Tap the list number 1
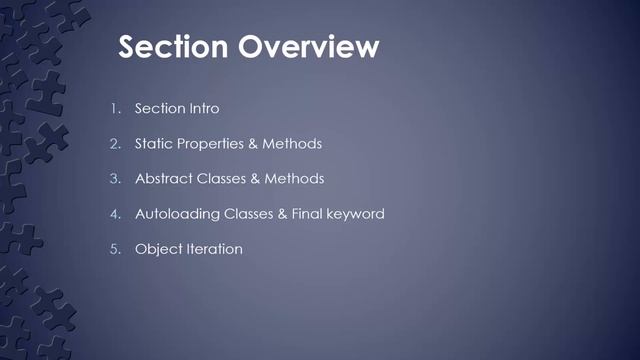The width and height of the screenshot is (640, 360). [x=115, y=108]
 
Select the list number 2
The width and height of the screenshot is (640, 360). [x=115, y=144]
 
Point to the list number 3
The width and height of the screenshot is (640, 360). [x=115, y=179]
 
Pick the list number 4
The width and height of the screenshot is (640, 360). [x=115, y=214]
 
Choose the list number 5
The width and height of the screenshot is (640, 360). [x=115, y=249]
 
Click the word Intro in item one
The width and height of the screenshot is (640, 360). [x=201, y=108]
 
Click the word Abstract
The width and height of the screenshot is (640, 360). [x=163, y=179]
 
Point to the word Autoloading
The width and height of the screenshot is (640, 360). [x=173, y=214]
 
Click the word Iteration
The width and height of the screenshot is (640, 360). [x=214, y=249]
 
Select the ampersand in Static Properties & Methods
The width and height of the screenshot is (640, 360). [x=254, y=144]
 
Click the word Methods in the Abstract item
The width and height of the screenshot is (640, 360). [x=295, y=179]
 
